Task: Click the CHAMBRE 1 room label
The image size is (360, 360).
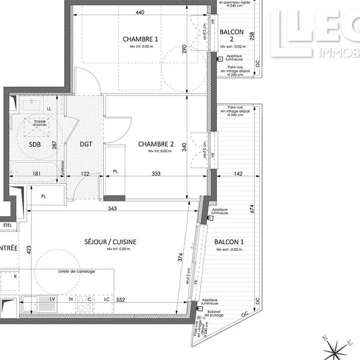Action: pyautogui.click(x=140, y=39)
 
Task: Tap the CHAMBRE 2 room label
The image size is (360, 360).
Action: pyautogui.click(x=156, y=144)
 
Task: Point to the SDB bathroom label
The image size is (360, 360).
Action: pyautogui.click(x=35, y=144)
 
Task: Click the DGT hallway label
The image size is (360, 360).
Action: pyautogui.click(x=86, y=144)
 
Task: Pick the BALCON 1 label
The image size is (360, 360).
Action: pyautogui.click(x=229, y=242)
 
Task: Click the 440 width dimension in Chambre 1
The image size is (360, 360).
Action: pyautogui.click(x=140, y=13)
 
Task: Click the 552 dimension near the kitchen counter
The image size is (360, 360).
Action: pyautogui.click(x=121, y=300)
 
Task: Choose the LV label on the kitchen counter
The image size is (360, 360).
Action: pyautogui.click(x=53, y=299)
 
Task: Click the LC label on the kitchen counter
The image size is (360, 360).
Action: pyautogui.click(x=107, y=299)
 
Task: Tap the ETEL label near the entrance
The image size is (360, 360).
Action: pyautogui.click(x=7, y=225)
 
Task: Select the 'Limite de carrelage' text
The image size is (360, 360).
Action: pyautogui.click(x=76, y=271)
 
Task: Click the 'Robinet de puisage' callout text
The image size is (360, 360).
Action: pyautogui.click(x=214, y=313)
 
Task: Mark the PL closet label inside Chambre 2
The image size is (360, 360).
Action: pyautogui.click(x=115, y=172)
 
